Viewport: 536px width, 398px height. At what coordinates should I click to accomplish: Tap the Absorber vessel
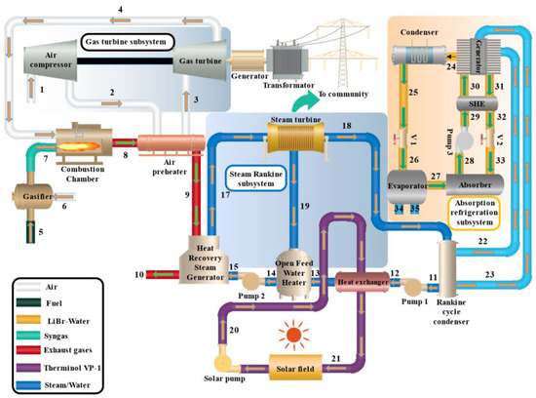(x=475, y=184)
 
